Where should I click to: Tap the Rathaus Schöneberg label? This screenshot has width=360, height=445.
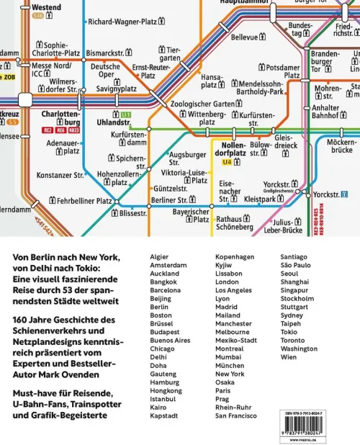pos(235,223)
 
